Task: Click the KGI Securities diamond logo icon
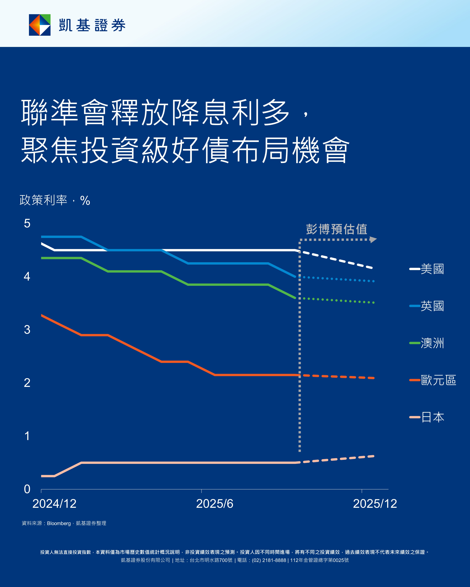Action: click(x=40, y=25)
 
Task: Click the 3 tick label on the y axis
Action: click(x=27, y=330)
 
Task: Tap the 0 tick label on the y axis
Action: click(x=27, y=489)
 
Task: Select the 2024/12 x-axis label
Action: click(x=55, y=504)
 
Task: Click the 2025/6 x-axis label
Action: click(x=215, y=504)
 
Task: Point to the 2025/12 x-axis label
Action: click(x=375, y=504)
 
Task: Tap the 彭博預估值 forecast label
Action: click(x=336, y=229)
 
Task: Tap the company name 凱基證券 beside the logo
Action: click(x=92, y=25)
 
